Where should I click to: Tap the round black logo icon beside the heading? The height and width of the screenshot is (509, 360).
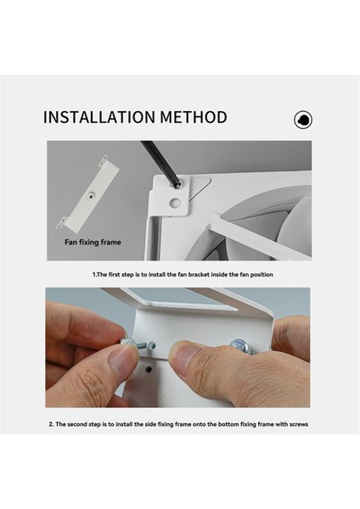tap(302, 120)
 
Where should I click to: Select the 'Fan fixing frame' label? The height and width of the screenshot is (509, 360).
tap(93, 242)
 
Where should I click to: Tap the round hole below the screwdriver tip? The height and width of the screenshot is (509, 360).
tap(175, 204)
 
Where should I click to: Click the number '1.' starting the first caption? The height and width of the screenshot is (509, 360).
tap(94, 276)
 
